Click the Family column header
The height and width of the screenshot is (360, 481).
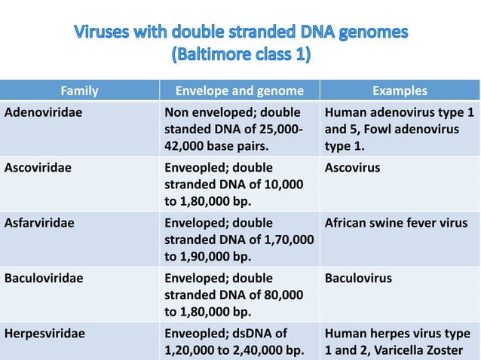point(79,91)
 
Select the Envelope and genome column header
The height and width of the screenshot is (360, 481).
point(239,91)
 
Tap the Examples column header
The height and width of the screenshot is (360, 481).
point(399,91)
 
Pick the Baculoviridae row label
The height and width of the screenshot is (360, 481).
point(44,278)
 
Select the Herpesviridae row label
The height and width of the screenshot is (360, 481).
point(43,333)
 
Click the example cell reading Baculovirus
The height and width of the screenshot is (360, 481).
point(358,278)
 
